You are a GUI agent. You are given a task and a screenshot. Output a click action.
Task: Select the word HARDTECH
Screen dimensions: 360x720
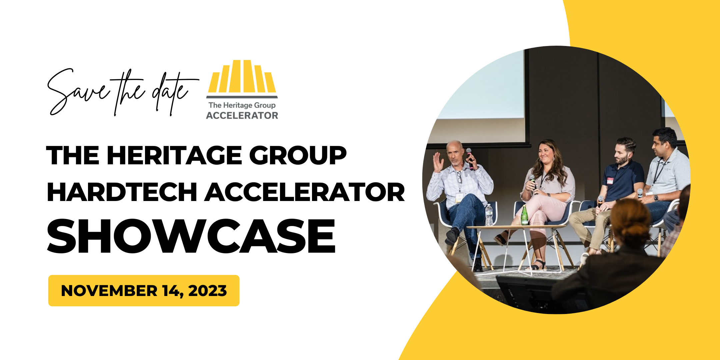click(x=122, y=192)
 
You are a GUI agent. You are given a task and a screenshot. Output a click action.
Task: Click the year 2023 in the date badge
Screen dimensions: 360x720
click(x=207, y=291)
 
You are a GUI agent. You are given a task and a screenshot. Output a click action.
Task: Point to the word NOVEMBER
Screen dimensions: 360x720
click(x=109, y=291)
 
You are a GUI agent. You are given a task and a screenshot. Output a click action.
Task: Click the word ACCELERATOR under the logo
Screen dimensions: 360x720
click(x=242, y=116)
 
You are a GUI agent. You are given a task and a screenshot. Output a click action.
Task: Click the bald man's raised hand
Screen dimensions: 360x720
click(x=438, y=162)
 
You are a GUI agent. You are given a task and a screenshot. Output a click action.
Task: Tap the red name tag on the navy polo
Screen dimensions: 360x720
click(x=610, y=181)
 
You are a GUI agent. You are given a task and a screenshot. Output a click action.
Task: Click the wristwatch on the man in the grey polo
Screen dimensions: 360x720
click(x=656, y=197)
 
